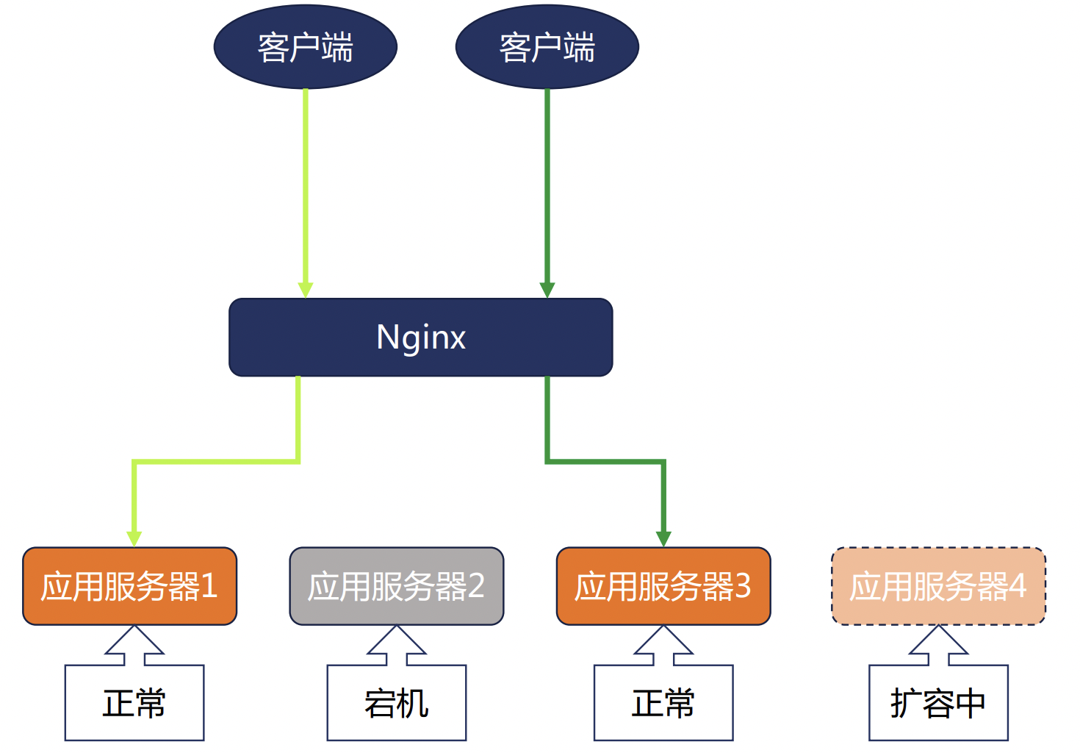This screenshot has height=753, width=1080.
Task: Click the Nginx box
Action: click(x=420, y=338)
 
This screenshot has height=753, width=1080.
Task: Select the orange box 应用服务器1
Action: click(x=129, y=586)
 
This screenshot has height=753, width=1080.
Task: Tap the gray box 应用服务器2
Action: click(x=396, y=586)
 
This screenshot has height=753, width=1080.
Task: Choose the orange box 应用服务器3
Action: click(x=663, y=586)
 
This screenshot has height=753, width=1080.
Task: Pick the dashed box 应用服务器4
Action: click(x=937, y=586)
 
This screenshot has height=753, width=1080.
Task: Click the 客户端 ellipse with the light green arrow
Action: click(x=305, y=47)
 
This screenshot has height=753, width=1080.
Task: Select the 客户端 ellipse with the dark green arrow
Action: click(x=547, y=47)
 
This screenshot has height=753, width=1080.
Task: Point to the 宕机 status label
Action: click(x=396, y=703)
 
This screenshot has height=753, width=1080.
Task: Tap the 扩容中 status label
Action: click(x=937, y=703)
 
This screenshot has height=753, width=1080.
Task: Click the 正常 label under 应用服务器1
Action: click(x=134, y=703)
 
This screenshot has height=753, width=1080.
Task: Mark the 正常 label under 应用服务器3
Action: click(x=663, y=703)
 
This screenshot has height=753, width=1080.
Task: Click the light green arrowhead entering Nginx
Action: click(x=306, y=290)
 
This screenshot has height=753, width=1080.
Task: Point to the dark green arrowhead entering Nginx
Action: click(x=547, y=290)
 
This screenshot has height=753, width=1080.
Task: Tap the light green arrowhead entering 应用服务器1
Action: click(x=134, y=539)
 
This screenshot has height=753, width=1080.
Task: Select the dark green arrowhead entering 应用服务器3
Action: click(x=663, y=539)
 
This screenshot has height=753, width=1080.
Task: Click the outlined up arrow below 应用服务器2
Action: click(x=397, y=644)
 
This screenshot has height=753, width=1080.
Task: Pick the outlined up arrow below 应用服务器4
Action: click(x=938, y=644)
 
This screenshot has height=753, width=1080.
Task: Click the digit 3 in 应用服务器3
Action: click(x=743, y=586)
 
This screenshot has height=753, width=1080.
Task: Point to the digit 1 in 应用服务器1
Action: click(x=209, y=586)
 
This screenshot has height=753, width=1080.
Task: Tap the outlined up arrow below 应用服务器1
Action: click(x=134, y=644)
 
